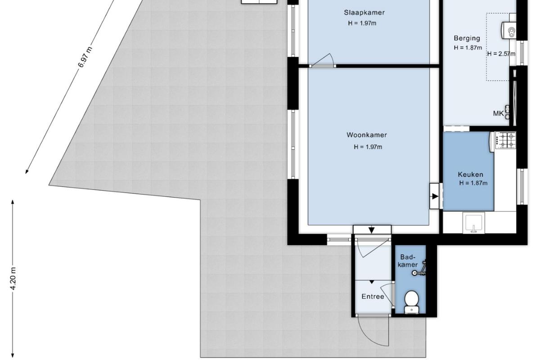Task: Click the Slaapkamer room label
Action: pos(364,13)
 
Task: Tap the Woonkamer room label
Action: pos(367,135)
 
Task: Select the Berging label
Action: pos(467,38)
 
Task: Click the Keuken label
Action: pos(471,174)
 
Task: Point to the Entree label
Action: pos(373,297)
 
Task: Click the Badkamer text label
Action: pos(408,261)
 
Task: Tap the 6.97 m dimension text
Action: pos(85,57)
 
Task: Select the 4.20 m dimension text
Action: pos(13,279)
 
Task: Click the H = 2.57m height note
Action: pos(501,54)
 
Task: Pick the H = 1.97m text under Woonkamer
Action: pos(368,147)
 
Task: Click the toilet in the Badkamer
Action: pos(411,302)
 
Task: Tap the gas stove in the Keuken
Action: pos(505,140)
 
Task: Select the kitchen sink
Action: pos(474,223)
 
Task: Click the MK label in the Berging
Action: pos(499,113)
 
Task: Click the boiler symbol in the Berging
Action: pos(509,31)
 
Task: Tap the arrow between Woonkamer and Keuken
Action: pos(435,197)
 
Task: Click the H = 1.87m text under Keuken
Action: pos(473,183)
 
